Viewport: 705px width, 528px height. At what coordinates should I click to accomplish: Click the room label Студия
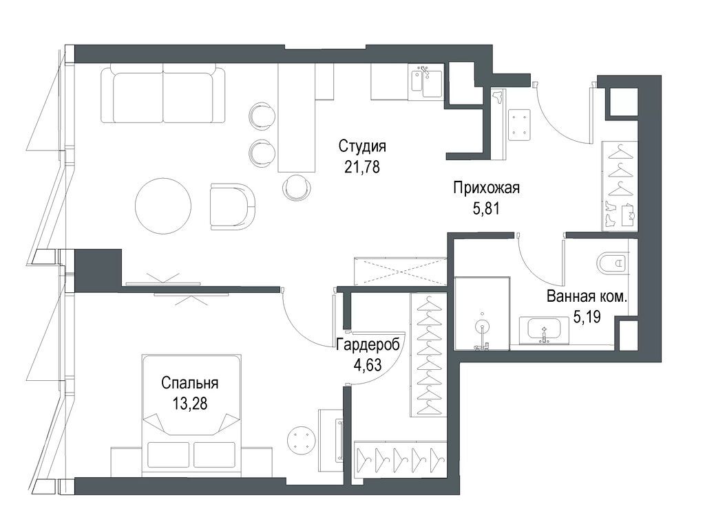pyautogui.click(x=361, y=146)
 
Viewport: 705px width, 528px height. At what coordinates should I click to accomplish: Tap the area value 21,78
pyautogui.click(x=361, y=166)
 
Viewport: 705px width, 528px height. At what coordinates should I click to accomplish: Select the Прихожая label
pyautogui.click(x=485, y=187)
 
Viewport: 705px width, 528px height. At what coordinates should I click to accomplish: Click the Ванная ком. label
pyautogui.click(x=587, y=298)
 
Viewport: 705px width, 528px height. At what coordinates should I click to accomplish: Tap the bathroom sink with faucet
pyautogui.click(x=545, y=329)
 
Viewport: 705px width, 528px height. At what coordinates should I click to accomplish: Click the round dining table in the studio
pyautogui.click(x=163, y=206)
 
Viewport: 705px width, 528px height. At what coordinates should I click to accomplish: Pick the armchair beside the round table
pyautogui.click(x=232, y=205)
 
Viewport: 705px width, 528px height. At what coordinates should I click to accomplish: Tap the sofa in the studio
pyautogui.click(x=162, y=93)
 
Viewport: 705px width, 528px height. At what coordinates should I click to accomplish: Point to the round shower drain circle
pyautogui.click(x=482, y=326)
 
